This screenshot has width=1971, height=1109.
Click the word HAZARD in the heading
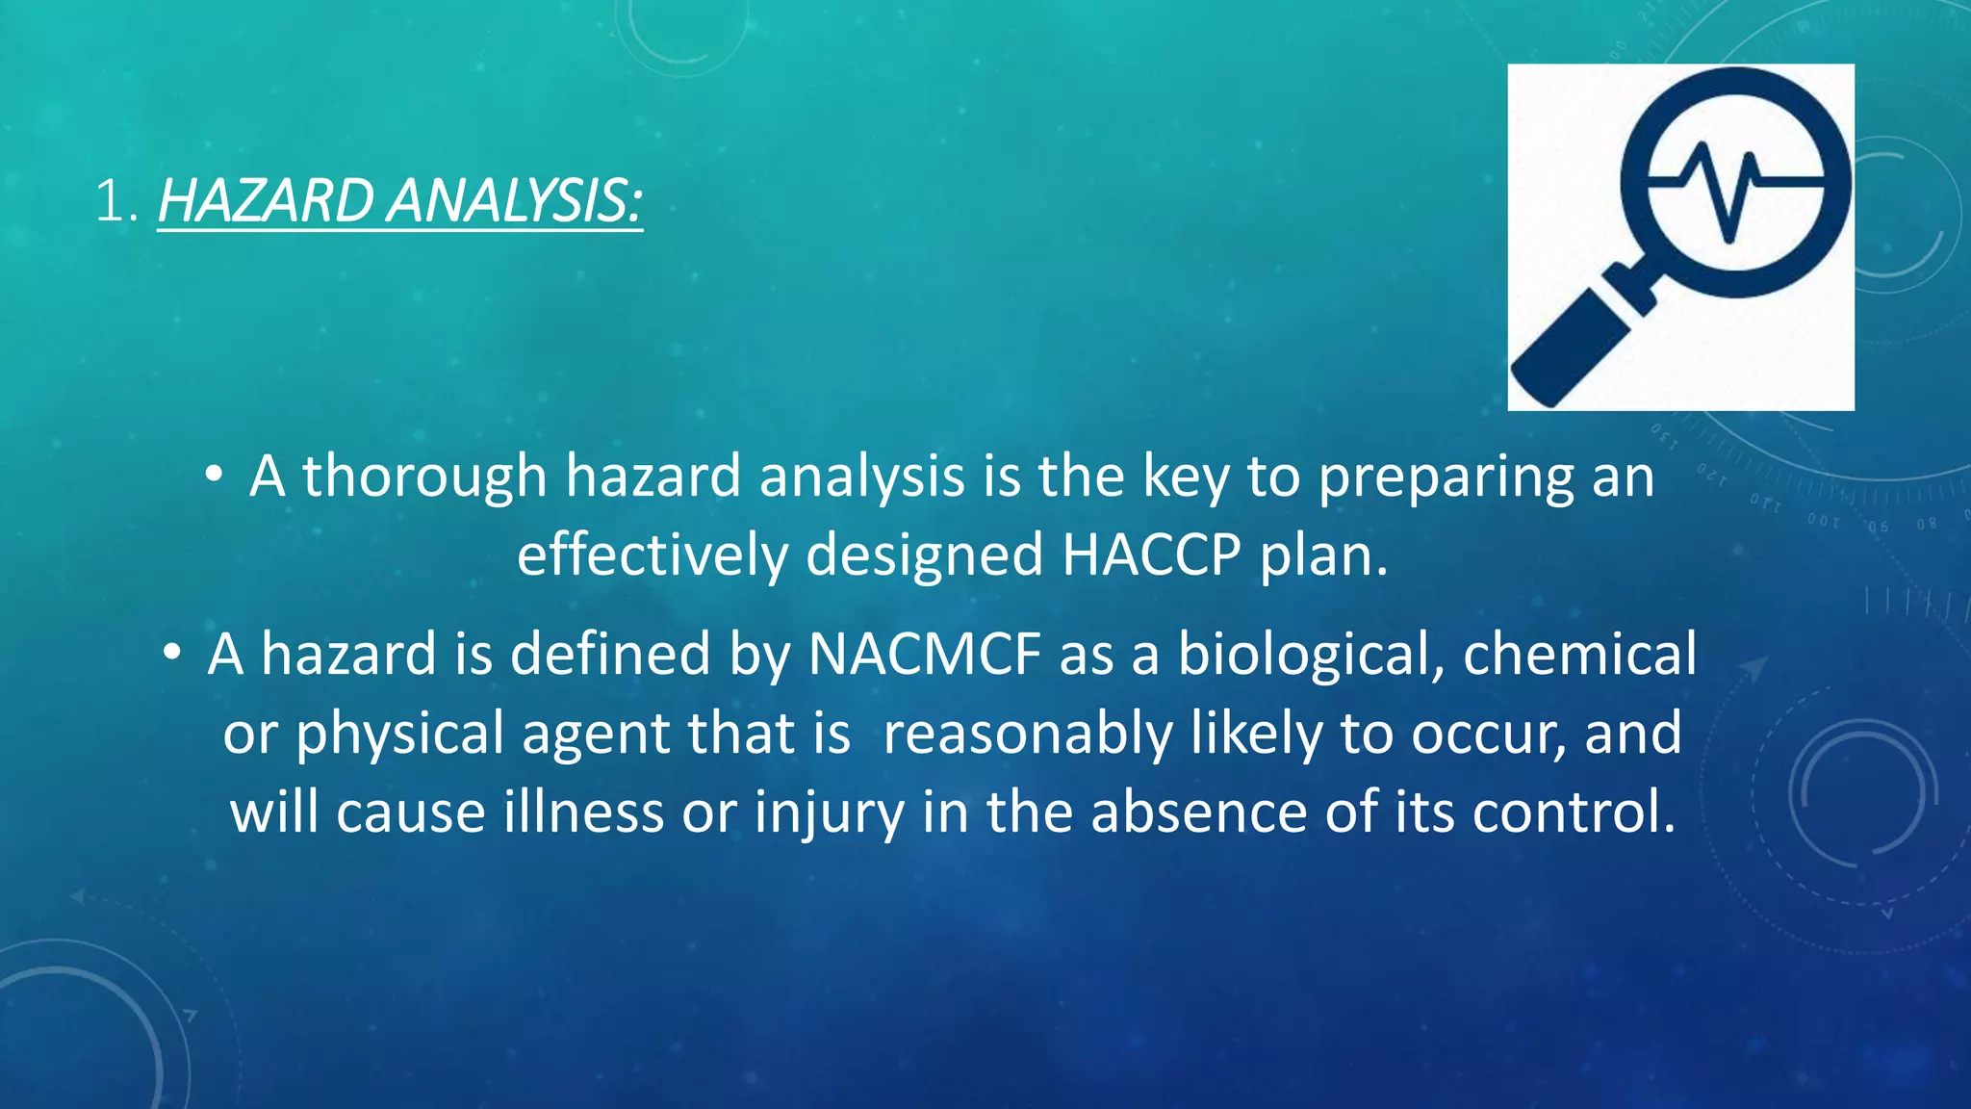266,201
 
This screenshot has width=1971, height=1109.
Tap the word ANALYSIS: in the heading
514,201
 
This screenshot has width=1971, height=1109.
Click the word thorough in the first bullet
424,477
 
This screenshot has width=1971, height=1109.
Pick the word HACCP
1151,555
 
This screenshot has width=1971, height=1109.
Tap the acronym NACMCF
924,655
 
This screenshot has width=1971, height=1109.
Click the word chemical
1579,655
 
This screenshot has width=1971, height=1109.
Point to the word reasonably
1026,735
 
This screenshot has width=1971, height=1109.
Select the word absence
1198,812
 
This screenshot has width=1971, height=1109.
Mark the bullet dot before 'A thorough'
214,474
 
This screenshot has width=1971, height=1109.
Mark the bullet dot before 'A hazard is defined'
171,653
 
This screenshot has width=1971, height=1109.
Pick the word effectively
652,555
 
